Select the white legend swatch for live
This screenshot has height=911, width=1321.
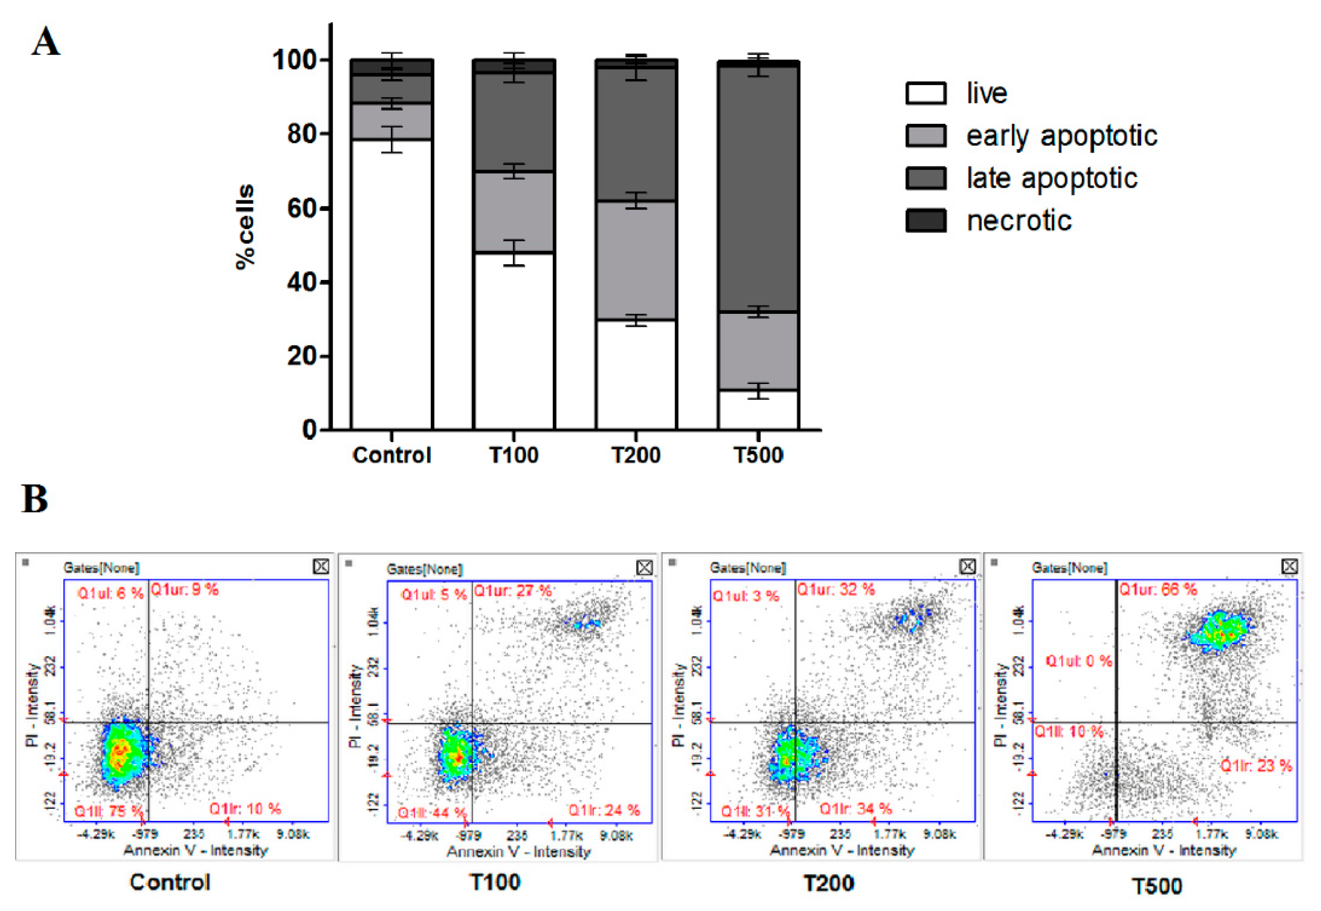coord(925,93)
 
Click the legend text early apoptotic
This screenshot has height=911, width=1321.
coord(1061,136)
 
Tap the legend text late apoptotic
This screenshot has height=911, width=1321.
coord(1051,178)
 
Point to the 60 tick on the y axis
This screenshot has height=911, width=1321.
coord(302,208)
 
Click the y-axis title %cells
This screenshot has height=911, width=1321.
coord(245,226)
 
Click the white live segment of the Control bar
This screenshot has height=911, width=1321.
coord(392,285)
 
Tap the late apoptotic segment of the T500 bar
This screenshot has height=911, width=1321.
coord(758,188)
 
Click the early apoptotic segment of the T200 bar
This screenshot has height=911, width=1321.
coord(636,260)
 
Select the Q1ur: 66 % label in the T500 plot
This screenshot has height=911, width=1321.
coord(1158,590)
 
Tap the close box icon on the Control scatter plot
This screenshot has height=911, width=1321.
coord(321,566)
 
